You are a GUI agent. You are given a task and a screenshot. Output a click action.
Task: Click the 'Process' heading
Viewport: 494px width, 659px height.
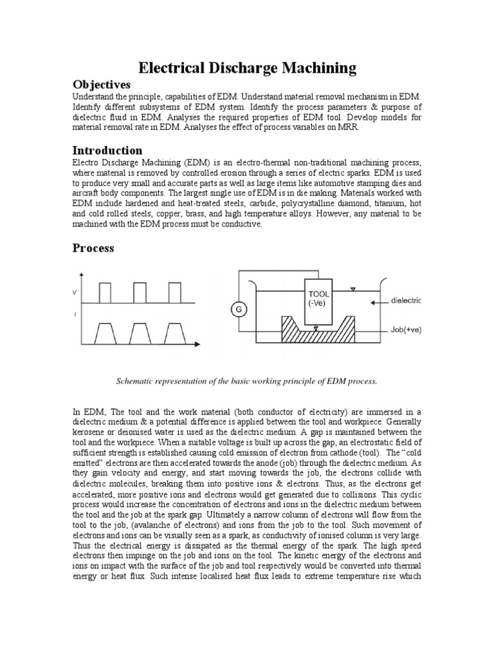click(x=93, y=248)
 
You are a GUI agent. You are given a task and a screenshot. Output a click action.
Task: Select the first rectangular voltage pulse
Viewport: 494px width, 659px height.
click(x=105, y=293)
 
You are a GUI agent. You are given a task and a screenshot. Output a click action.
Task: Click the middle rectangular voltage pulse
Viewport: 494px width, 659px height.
click(x=140, y=293)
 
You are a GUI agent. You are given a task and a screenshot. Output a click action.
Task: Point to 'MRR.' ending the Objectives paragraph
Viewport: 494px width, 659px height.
click(x=346, y=127)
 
